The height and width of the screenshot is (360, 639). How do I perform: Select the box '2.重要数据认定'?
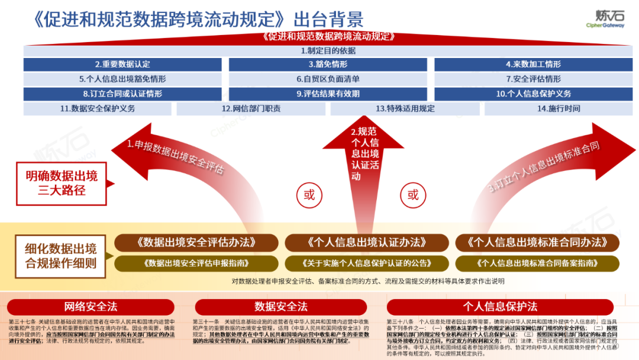point(122,64)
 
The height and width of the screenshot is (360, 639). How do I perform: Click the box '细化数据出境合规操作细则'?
point(61,255)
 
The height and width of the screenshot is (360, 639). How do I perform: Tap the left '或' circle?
point(309,195)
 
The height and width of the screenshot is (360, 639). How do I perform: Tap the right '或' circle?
point(412,195)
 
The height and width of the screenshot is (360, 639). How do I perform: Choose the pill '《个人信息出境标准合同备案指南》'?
point(537,263)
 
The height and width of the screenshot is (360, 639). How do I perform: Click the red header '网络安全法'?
point(91,306)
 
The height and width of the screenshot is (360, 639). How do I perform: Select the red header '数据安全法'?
point(281,306)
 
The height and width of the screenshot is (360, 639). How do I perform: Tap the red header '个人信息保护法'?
point(500,306)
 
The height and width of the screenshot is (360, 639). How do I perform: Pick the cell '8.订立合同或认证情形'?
point(122,94)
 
